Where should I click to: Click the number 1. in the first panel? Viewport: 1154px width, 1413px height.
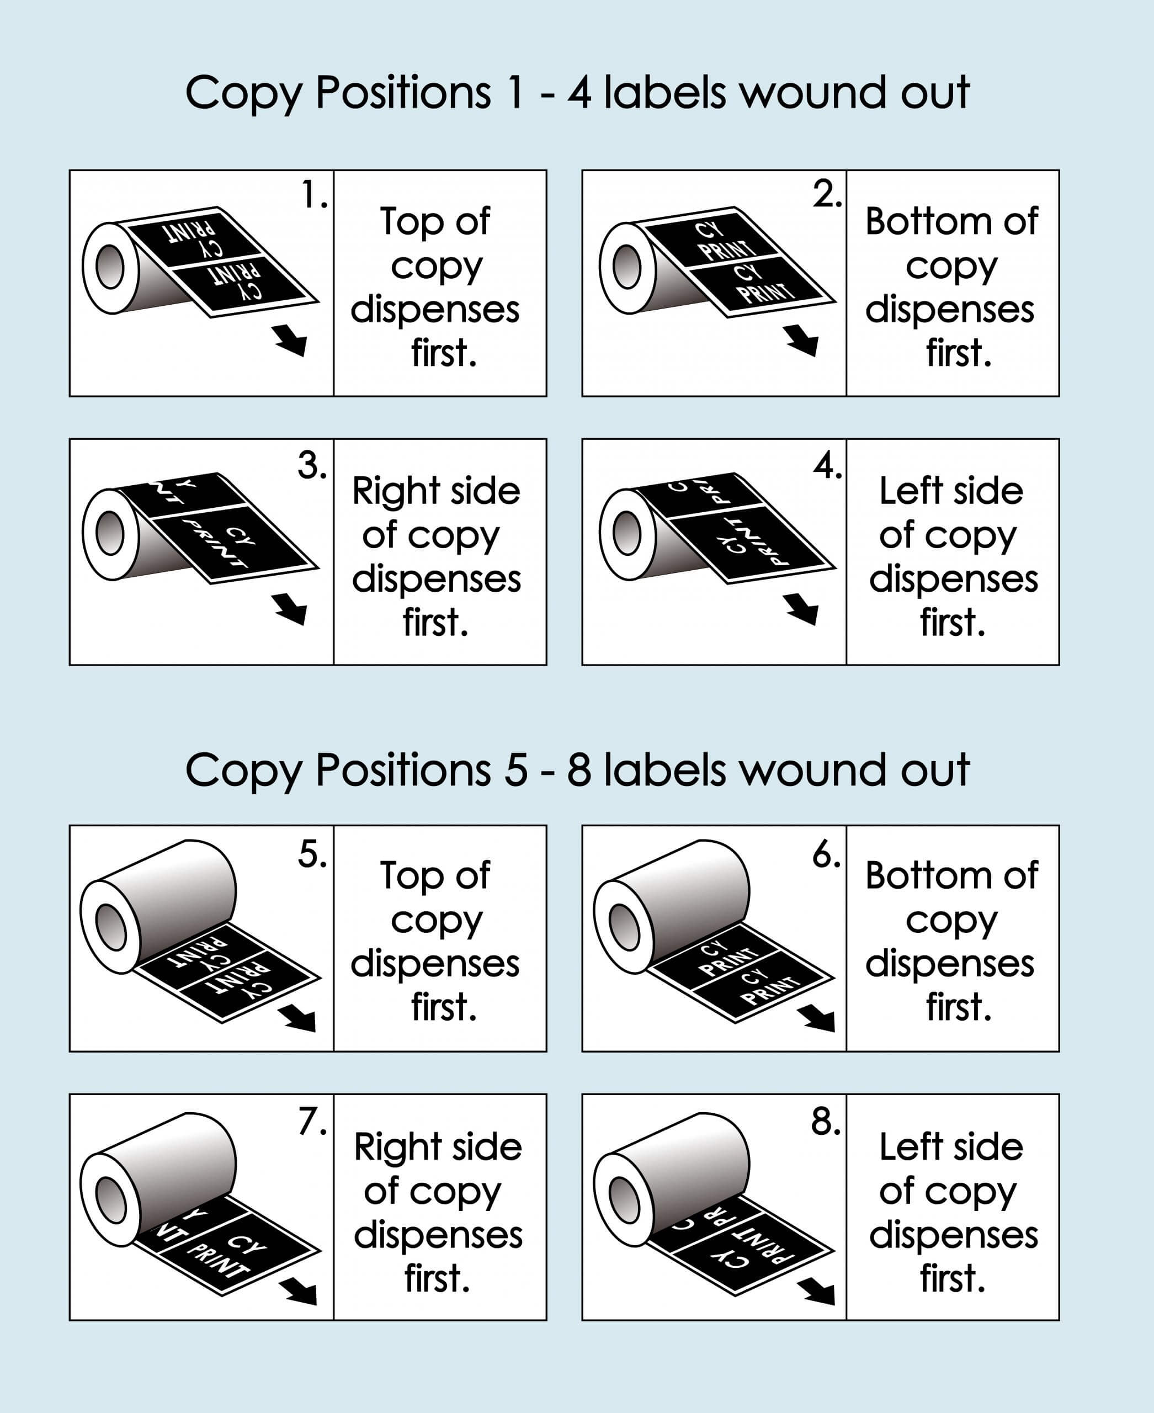(x=313, y=195)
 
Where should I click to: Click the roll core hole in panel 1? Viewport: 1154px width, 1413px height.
(x=110, y=267)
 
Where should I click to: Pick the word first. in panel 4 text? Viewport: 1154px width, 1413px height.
(x=953, y=623)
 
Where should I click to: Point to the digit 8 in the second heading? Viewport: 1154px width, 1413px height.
(x=579, y=771)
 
